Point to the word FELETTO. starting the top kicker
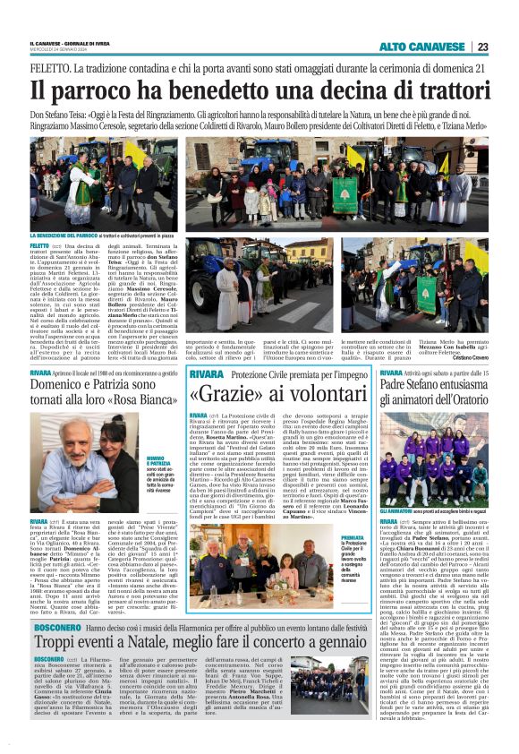click(49, 67)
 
